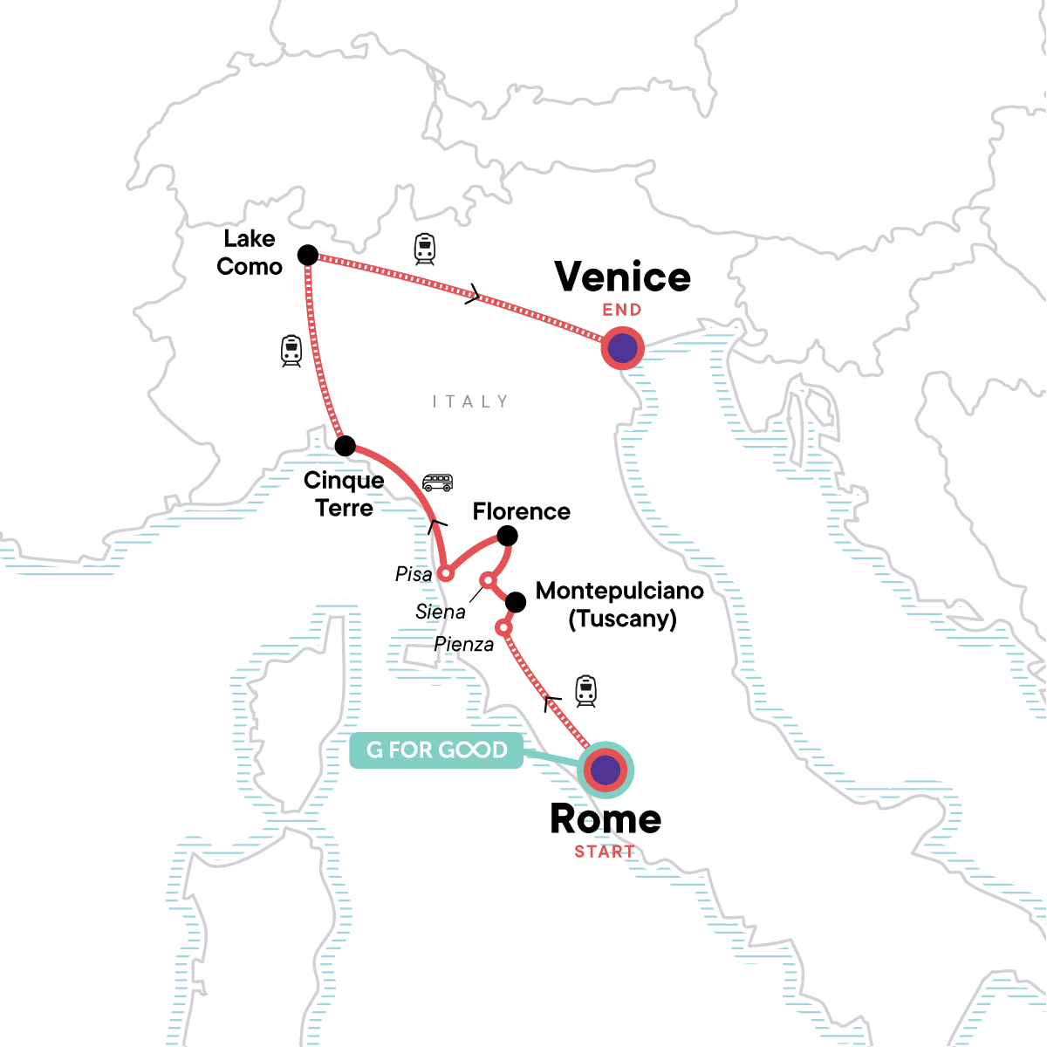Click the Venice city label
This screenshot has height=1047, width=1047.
tap(622, 277)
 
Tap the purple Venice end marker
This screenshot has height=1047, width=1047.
tap(622, 349)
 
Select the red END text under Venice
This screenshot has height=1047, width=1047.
tap(622, 310)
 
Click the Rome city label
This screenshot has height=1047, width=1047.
tap(606, 819)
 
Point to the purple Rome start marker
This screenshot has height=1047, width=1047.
tap(606, 770)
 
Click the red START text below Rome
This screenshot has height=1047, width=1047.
tap(605, 852)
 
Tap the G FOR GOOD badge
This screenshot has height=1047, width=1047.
tap(436, 750)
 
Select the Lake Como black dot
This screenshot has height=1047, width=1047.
tap(308, 255)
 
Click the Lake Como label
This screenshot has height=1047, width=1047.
tap(250, 253)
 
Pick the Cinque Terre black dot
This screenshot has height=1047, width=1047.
tap(346, 446)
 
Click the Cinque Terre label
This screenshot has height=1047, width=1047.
tap(344, 494)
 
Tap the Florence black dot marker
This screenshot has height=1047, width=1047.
tap(507, 536)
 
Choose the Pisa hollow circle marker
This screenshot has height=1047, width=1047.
tap(445, 574)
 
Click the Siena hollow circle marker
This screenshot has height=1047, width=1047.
tap(489, 580)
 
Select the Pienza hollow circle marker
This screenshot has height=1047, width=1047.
tap(503, 627)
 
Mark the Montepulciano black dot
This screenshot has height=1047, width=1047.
tap(516, 602)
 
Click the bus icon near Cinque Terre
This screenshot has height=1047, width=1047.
tap(437, 482)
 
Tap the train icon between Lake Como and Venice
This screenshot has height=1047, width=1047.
tap(425, 249)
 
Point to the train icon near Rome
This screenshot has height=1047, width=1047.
tap(585, 691)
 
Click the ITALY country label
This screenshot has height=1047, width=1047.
tap(470, 401)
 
